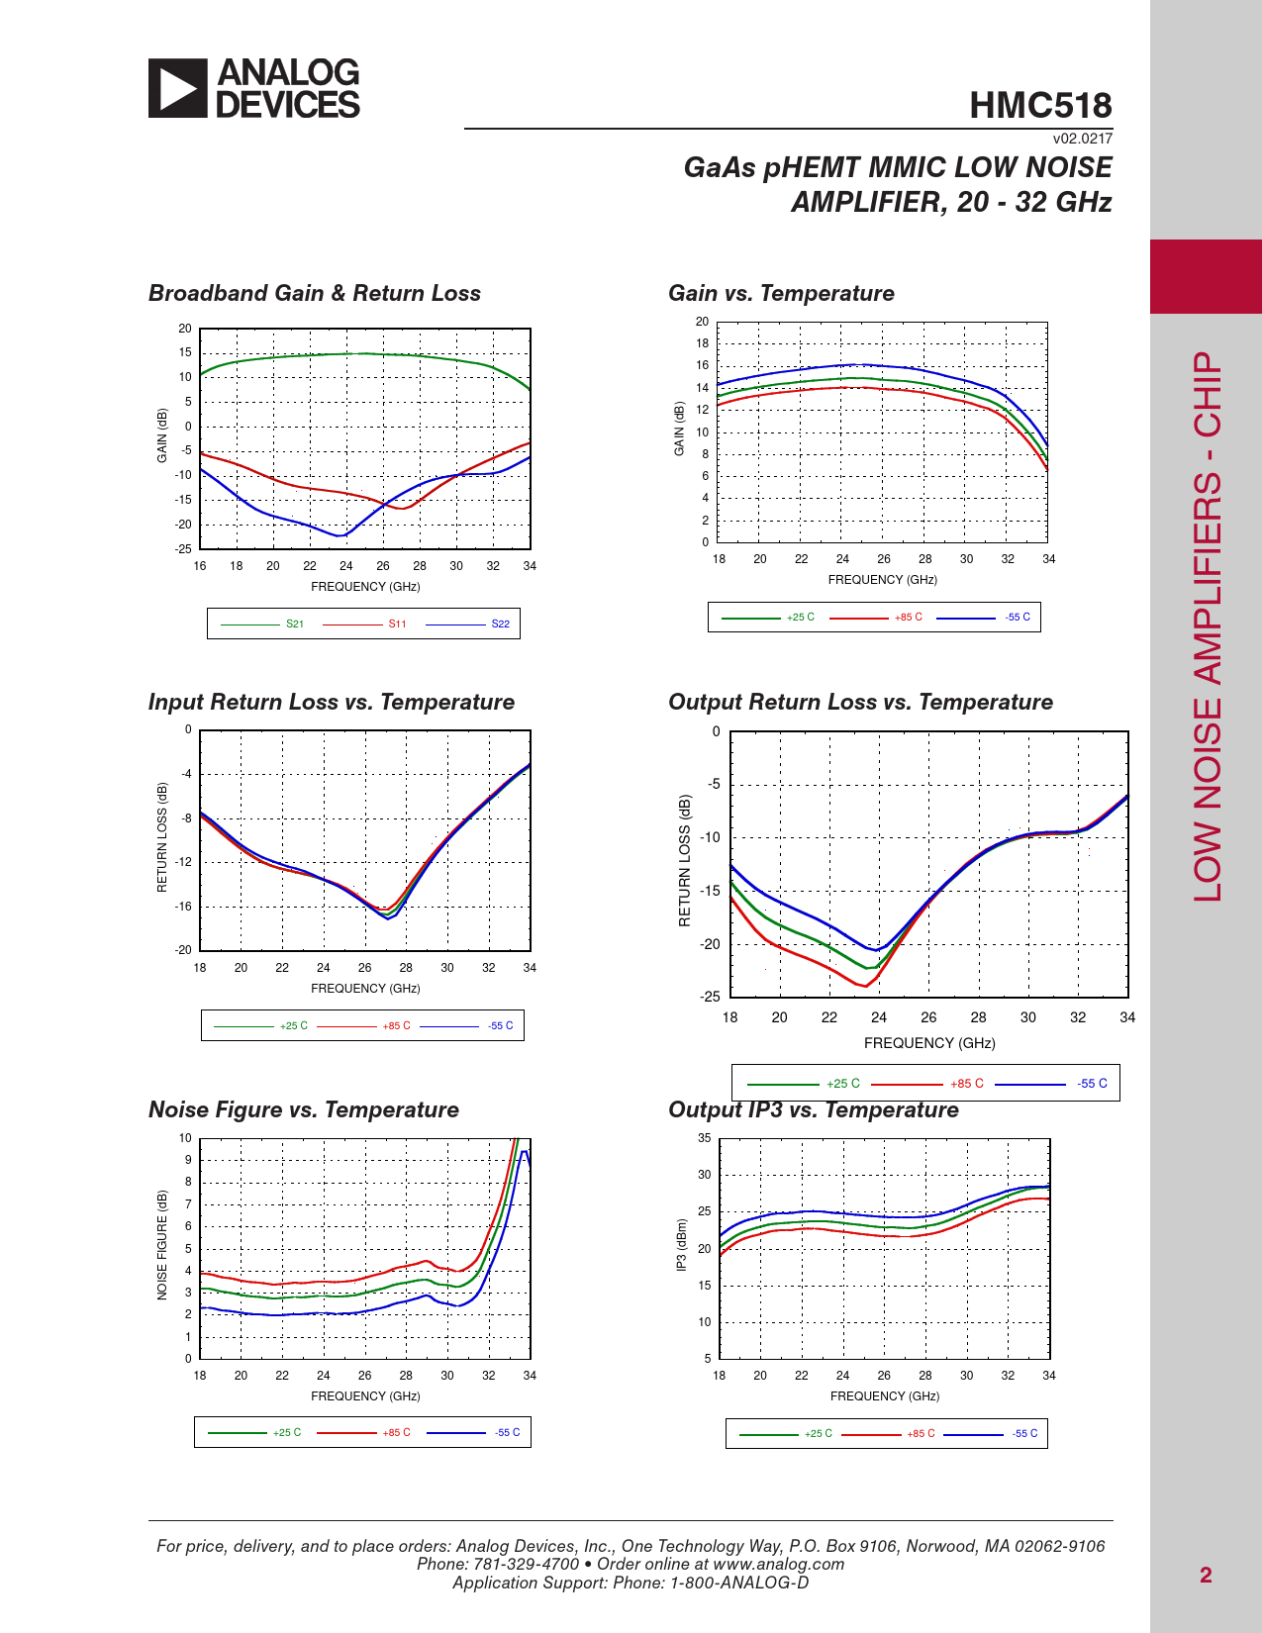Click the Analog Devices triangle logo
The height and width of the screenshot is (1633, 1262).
pos(178,88)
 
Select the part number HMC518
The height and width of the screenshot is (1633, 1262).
pos(1040,106)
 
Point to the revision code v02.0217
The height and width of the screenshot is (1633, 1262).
pos(1082,139)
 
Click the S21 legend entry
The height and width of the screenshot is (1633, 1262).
pos(294,624)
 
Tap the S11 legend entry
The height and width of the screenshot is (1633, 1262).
pos(397,624)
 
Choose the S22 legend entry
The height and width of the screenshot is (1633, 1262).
pos(500,624)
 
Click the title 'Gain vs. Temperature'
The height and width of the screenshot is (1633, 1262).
pos(781,294)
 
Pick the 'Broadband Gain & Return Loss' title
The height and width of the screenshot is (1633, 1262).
pos(314,294)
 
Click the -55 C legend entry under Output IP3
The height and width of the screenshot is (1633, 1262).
pos(1024,1434)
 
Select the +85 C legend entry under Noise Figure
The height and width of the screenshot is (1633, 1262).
pos(396,1433)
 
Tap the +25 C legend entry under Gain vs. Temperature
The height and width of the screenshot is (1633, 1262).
pos(800,618)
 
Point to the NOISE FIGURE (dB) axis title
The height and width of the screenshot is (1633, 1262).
pos(162,1245)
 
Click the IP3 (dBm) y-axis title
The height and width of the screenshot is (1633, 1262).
pos(681,1246)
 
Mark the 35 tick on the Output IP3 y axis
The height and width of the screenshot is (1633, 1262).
pos(704,1138)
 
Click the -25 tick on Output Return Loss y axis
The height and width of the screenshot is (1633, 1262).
pos(711,997)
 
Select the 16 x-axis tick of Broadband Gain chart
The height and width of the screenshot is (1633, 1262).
pos(200,566)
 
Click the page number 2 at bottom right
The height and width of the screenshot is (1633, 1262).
pos(1206,1575)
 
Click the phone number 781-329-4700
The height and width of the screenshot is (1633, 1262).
pos(527,1565)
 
